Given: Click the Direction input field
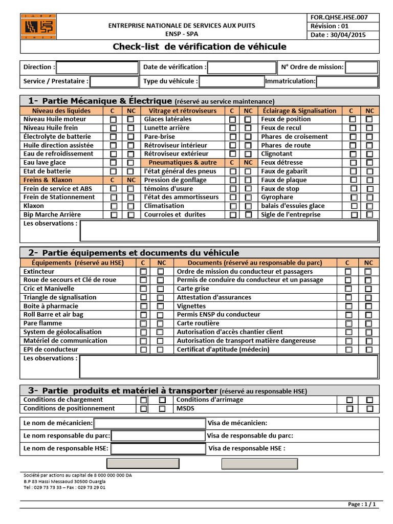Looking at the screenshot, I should point(97,68).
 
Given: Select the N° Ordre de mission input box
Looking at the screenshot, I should point(361,68).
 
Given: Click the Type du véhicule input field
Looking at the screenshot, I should point(231,81).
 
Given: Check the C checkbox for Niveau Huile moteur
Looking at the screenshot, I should point(114,120).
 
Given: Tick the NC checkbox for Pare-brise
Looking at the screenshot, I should point(248,137).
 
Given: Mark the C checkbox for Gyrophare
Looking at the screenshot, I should point(353,198).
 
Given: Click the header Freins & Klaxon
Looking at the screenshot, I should point(48,180).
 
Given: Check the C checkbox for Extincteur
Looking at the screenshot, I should point(144,272).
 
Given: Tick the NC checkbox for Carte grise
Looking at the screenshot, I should point(368,289).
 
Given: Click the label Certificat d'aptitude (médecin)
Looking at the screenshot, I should point(223,350).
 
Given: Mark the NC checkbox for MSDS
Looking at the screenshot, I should point(369,409).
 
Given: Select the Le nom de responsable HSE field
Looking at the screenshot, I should point(158,449).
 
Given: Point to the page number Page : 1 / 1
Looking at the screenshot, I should point(362,504).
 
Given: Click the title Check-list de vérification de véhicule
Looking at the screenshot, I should point(200,47).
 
